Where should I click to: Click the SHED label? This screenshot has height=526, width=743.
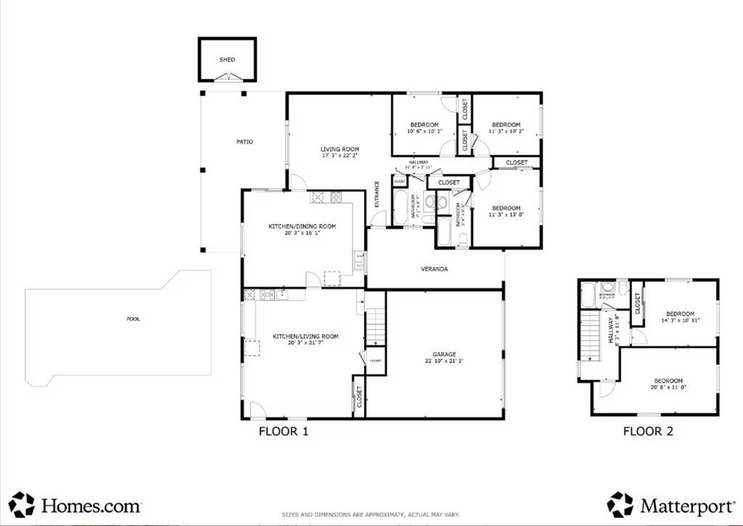[227, 59]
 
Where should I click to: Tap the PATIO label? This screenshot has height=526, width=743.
[245, 141]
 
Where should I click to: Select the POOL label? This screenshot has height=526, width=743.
[134, 319]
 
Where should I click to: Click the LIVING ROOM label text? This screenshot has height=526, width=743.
[340, 149]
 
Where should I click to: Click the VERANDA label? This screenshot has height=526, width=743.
[434, 269]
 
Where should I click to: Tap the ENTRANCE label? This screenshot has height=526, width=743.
[377, 194]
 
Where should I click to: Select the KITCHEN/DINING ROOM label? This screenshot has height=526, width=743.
[303, 226]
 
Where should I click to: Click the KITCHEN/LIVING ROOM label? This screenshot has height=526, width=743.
[305, 336]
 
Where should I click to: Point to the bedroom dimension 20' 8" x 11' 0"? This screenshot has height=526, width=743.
[668, 388]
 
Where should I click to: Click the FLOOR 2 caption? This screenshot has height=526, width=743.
[648, 432]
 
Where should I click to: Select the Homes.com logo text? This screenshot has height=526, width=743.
[90, 505]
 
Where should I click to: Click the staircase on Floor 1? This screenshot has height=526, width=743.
[375, 326]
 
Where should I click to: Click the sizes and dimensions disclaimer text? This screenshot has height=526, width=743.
[371, 514]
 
